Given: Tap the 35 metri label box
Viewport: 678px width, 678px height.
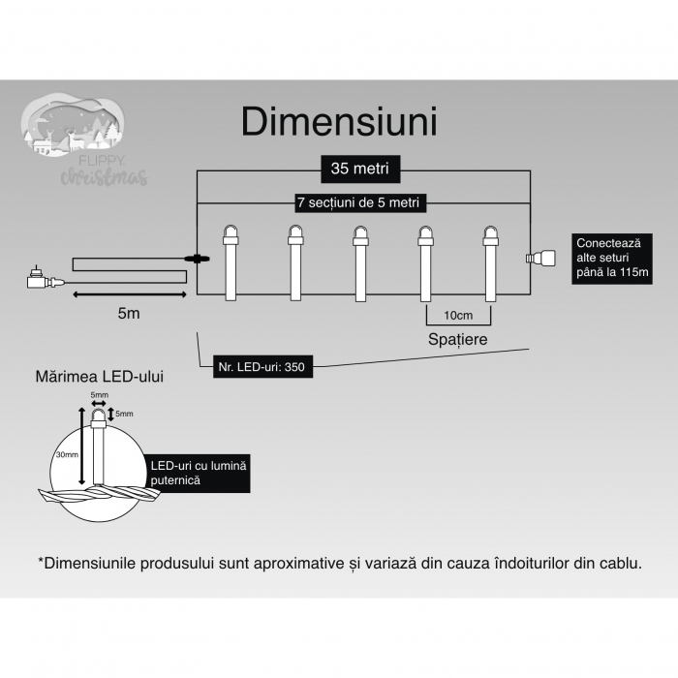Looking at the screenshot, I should [x=359, y=169].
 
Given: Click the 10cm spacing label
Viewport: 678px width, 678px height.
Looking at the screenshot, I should [x=458, y=316].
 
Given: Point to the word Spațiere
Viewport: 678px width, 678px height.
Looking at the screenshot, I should [x=457, y=340].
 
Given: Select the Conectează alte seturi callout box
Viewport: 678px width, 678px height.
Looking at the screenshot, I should [x=611, y=258].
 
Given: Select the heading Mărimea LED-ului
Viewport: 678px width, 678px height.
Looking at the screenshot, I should [x=98, y=377].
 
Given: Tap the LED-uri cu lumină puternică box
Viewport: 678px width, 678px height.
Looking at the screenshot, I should [x=199, y=473].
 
